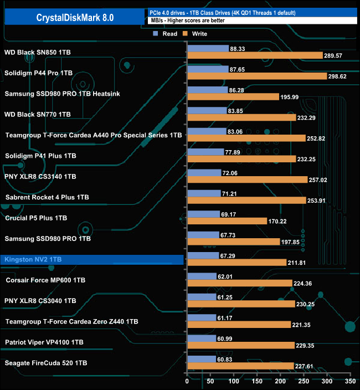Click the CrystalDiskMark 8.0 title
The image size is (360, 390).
click(74, 17)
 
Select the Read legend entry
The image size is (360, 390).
click(166, 34)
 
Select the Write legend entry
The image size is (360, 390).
click(197, 34)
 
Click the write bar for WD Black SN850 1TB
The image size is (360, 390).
click(255, 55)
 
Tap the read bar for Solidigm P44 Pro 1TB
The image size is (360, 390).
click(208, 69)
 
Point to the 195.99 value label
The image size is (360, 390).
click(290, 97)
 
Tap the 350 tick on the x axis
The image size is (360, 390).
click(349, 382)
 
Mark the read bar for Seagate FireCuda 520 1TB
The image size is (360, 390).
click(202, 359)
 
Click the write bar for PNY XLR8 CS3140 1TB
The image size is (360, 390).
click(247, 179)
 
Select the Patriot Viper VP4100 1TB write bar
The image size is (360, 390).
click(240, 345)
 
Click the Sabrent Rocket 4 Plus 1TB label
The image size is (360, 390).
click(47, 197)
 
